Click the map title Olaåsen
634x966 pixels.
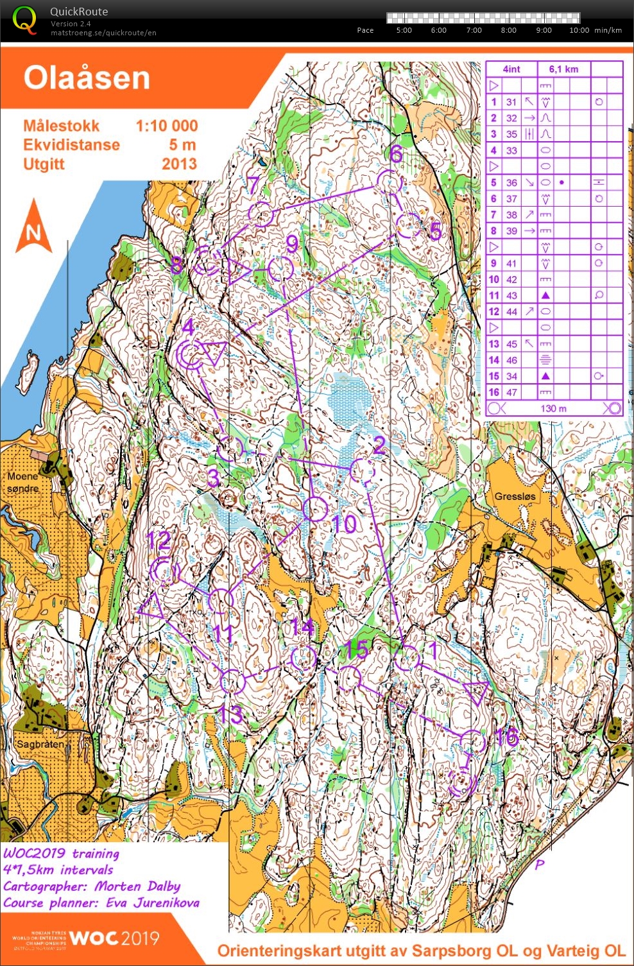pos(87,78)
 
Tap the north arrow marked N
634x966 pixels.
pos(33,228)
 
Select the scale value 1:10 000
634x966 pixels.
pos(166,126)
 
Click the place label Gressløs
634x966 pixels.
pos(514,496)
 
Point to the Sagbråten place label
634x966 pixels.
pos(40,744)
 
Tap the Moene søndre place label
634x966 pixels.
pos(23,482)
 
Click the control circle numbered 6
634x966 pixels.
pos(388,182)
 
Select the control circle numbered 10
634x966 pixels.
pos(314,508)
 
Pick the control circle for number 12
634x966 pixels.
pos(164,571)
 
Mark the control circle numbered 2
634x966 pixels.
pos(363,470)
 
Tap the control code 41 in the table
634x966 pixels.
pos(511,263)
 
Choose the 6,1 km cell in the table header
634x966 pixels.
pos(563,69)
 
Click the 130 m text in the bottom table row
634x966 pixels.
pos(553,408)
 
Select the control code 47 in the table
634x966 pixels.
pos(511,392)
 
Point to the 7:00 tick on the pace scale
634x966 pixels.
pos(474,30)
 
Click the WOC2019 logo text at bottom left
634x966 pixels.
pos(114,938)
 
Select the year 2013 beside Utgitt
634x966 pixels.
pos(179,164)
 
